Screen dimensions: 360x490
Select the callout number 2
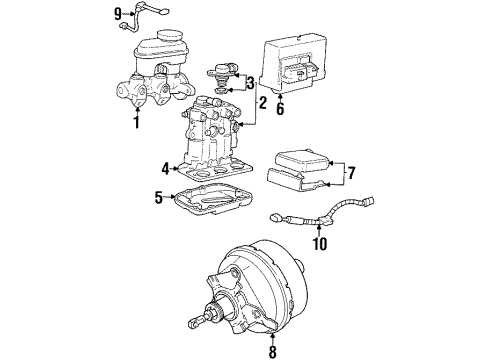263,102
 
